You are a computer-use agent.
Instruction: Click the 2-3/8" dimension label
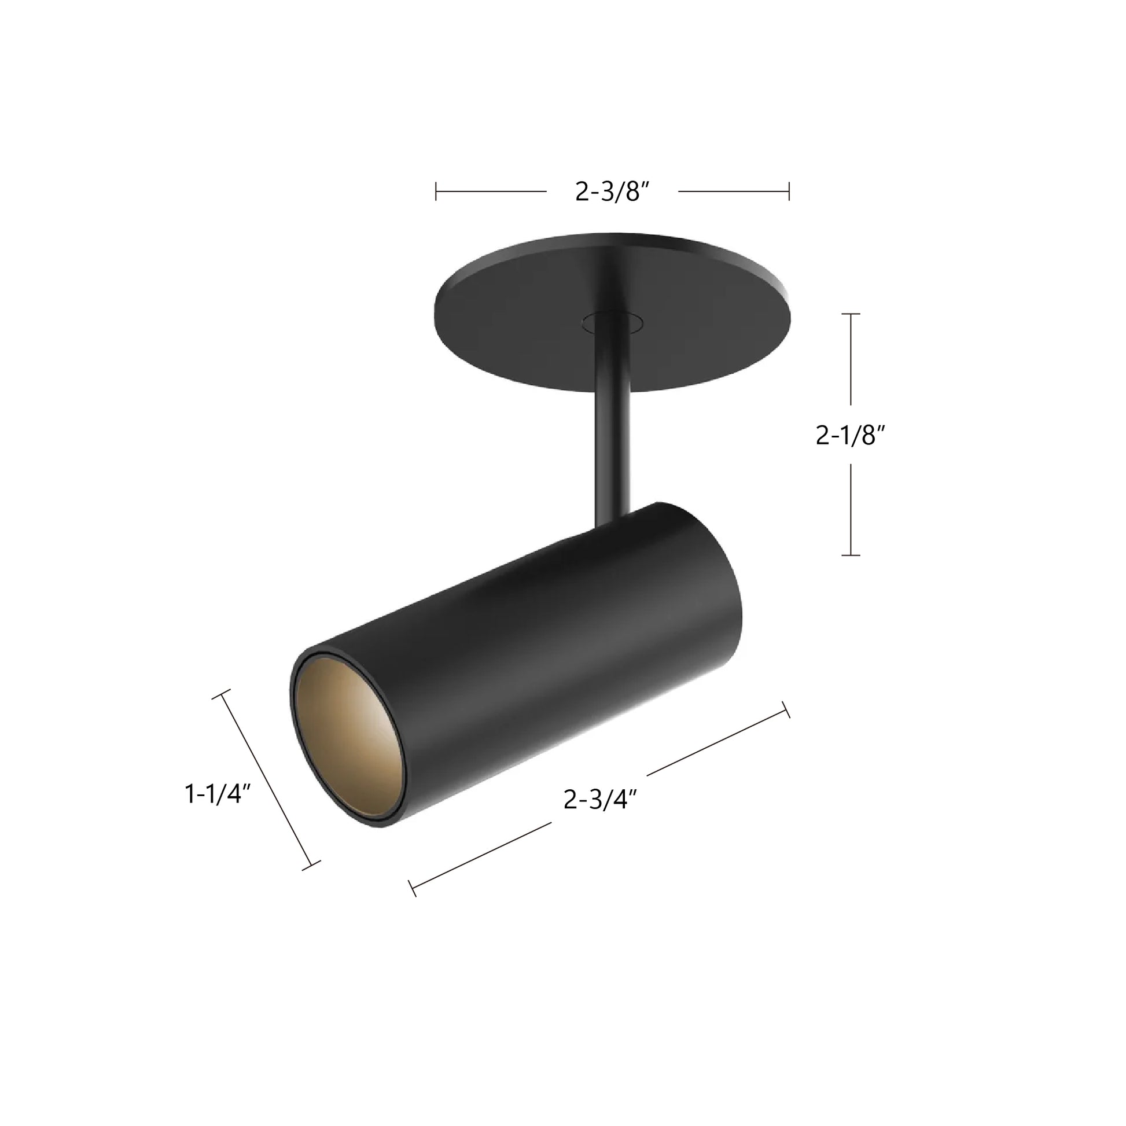pos(612,191)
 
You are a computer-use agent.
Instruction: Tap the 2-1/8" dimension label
pos(851,435)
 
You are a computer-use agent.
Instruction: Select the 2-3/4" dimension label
pos(599,800)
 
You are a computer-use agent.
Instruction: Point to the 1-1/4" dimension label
pos(218,794)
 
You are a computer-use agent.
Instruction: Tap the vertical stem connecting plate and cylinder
pos(612,443)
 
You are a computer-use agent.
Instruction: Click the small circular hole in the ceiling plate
pos(612,321)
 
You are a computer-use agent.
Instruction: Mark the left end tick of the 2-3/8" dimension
pos(436,191)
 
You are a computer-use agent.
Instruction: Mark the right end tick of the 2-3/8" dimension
pos(789,191)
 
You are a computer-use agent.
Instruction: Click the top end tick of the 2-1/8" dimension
pos(851,314)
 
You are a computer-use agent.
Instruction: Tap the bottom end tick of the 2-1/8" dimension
pos(851,555)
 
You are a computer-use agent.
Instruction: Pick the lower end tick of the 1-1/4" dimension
pos(311,866)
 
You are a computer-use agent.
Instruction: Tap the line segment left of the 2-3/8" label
pos(491,191)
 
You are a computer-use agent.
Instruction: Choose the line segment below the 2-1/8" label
pos(851,508)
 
